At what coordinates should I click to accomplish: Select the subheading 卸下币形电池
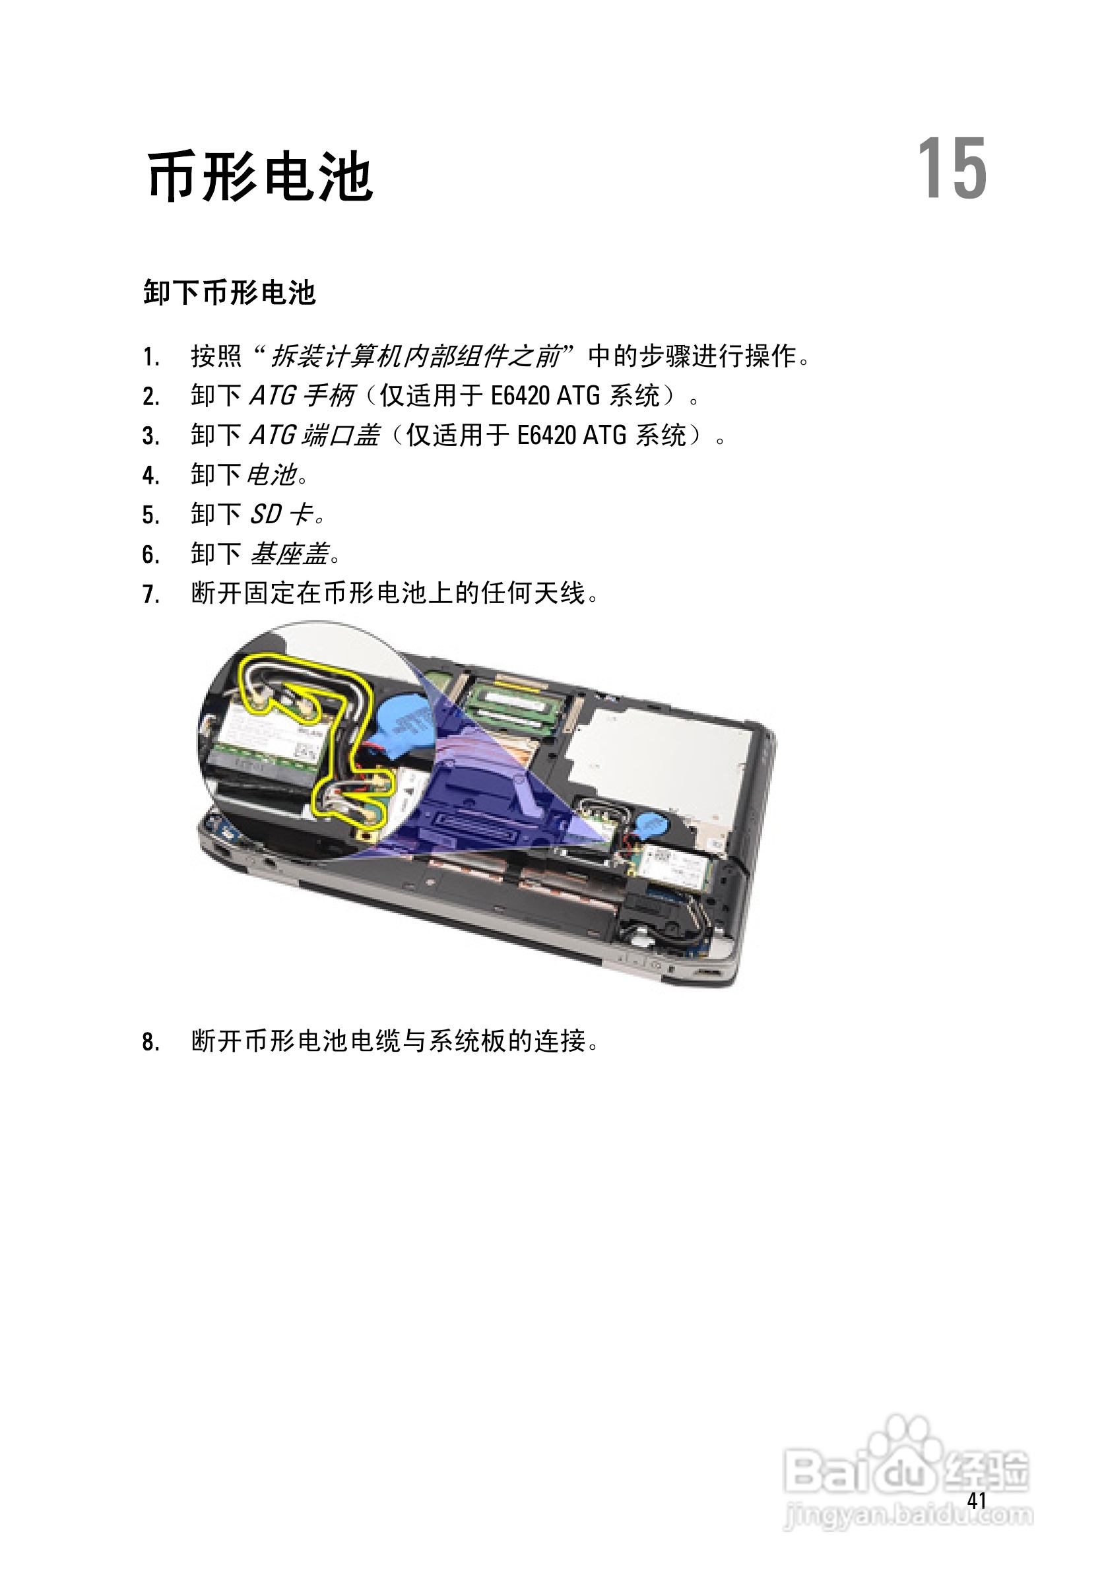230,292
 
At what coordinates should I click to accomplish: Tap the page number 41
976,1500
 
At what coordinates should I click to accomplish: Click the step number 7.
150,594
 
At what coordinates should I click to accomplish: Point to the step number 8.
150,1043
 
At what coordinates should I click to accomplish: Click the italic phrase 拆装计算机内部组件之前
416,356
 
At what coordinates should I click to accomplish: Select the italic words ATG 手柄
302,396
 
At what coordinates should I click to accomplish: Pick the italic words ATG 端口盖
314,435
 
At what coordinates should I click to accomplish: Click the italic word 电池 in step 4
271,474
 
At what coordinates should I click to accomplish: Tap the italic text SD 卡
282,514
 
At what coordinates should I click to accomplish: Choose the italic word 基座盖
288,554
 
